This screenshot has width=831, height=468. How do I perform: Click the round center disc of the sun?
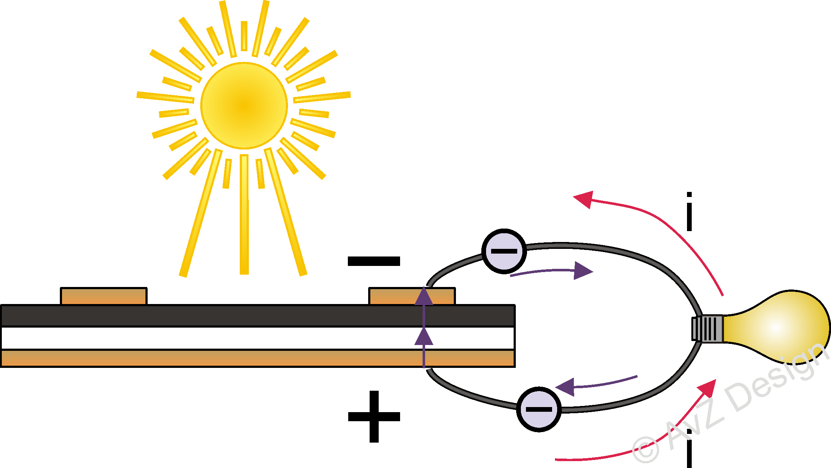point(244,106)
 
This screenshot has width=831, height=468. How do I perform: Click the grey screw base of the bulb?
point(707,329)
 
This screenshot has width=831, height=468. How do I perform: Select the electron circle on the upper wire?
point(504,251)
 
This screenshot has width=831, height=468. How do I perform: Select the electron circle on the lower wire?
point(539,409)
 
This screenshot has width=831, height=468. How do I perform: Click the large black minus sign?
point(374,261)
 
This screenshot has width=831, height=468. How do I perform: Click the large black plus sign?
point(374,416)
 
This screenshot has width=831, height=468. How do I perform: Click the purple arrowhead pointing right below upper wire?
point(582,271)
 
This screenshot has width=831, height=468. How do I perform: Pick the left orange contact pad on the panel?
point(104,296)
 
